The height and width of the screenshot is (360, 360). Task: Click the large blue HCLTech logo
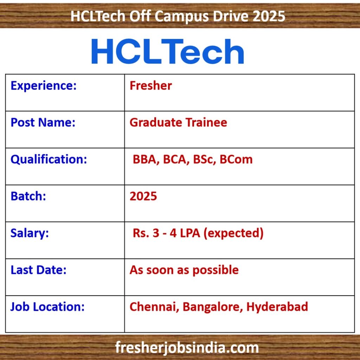[x=168, y=51]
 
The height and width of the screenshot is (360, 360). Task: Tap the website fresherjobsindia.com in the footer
[x=187, y=347]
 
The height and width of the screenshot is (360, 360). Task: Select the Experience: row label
[x=43, y=86]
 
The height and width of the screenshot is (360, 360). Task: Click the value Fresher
[x=150, y=86]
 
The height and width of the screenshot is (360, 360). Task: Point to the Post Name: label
[x=43, y=122]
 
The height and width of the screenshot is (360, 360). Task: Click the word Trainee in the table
[x=206, y=122]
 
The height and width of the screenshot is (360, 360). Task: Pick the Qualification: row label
[x=49, y=159]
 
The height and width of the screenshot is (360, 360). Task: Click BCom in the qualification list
[x=236, y=159]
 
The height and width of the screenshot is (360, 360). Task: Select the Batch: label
[x=28, y=196]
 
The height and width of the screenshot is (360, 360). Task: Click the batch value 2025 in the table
[x=143, y=196]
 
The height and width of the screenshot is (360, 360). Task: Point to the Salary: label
[x=30, y=233]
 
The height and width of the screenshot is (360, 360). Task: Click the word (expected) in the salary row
[x=233, y=233]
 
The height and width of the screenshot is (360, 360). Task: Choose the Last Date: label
[x=38, y=270]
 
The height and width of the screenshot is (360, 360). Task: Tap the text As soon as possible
[x=184, y=270]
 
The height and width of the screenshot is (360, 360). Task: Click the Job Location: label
[x=47, y=307]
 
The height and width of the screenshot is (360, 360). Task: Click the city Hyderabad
[x=277, y=307]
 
